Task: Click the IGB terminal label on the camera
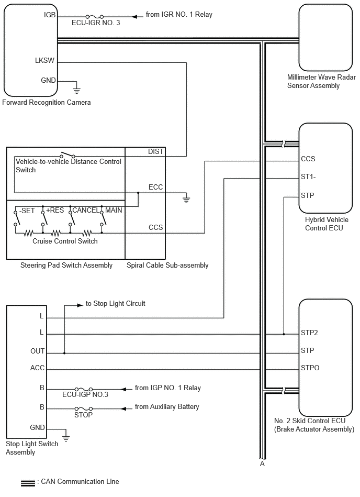(x=50, y=15)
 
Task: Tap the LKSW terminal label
(x=44, y=60)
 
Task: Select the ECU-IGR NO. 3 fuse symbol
(x=94, y=16)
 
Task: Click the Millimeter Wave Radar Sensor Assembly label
(x=321, y=82)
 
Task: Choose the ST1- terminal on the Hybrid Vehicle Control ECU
(x=308, y=176)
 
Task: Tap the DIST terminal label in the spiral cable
(x=156, y=151)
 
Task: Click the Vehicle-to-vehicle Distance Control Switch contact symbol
(x=67, y=155)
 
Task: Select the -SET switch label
(x=27, y=211)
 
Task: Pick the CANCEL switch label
(x=86, y=210)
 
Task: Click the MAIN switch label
(x=114, y=210)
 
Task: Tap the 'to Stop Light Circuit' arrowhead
(x=80, y=305)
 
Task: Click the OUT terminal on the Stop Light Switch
(x=37, y=351)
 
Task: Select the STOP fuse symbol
(x=84, y=409)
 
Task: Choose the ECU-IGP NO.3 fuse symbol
(x=84, y=389)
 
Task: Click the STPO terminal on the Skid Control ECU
(x=310, y=368)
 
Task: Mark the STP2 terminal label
(x=309, y=333)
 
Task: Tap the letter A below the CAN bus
(x=262, y=463)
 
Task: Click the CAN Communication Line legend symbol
(x=28, y=483)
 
